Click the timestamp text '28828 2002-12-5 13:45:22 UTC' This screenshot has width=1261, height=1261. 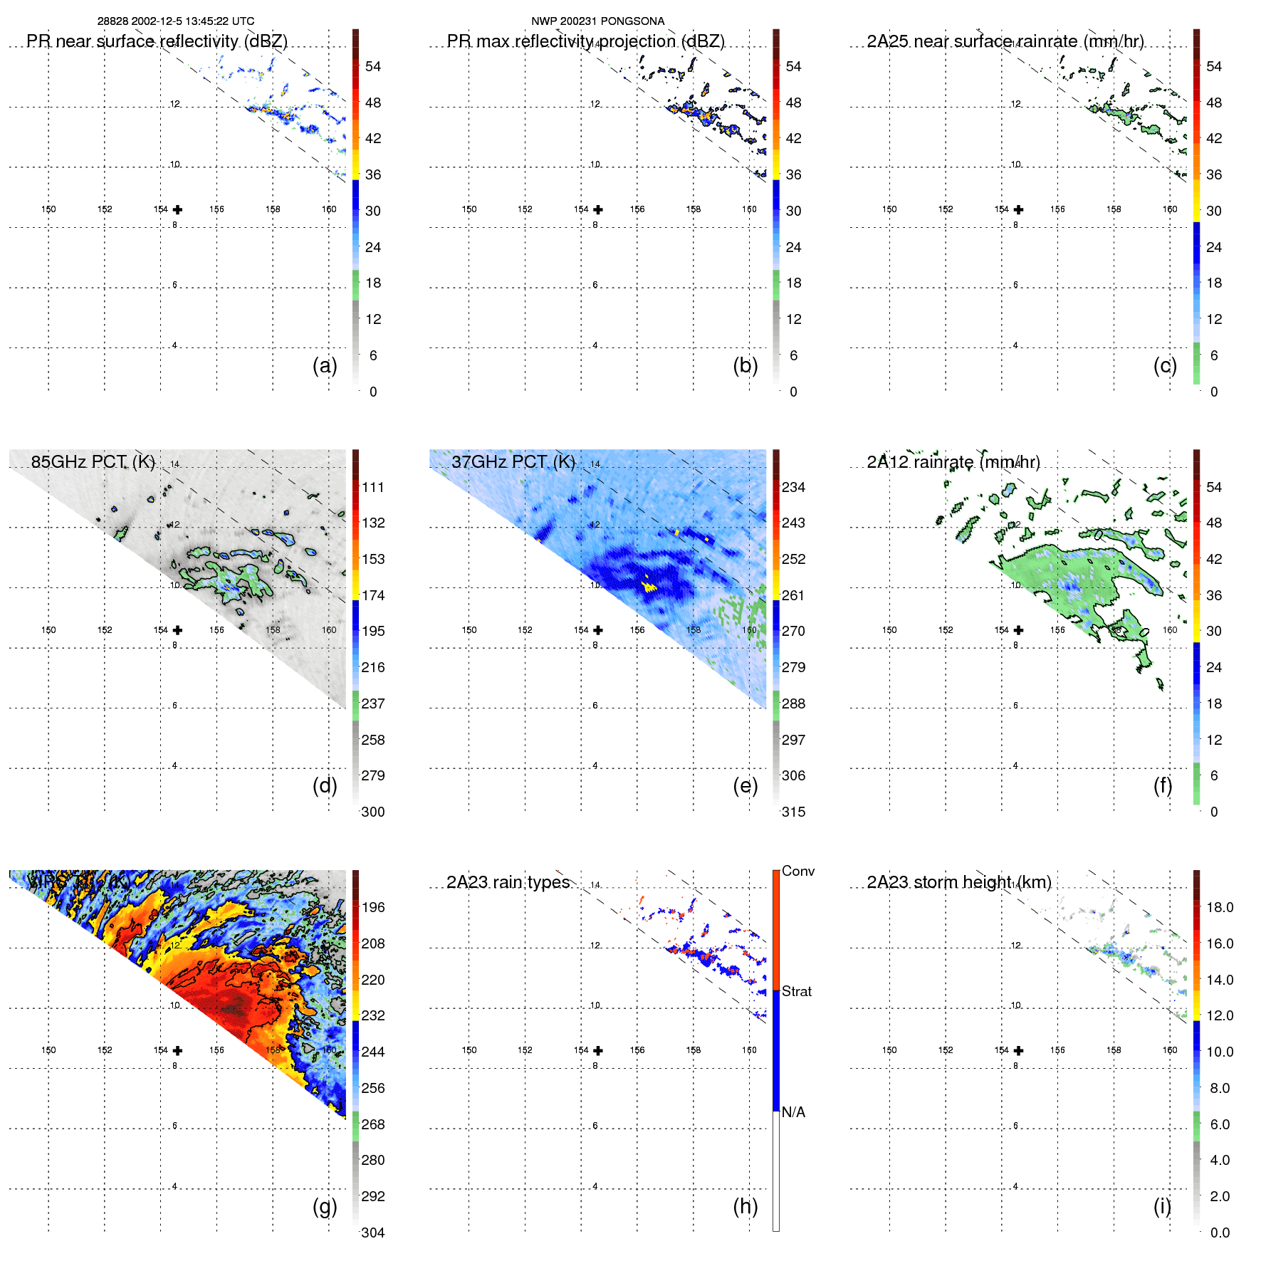click(x=176, y=21)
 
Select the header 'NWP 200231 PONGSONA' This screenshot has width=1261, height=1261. click(x=597, y=21)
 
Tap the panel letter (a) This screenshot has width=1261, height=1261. click(x=325, y=366)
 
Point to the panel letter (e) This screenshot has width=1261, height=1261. click(x=745, y=786)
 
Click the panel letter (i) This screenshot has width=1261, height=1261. click(x=1162, y=1206)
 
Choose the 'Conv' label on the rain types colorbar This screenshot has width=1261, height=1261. click(x=797, y=871)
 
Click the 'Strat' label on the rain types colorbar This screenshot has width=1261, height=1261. click(x=796, y=991)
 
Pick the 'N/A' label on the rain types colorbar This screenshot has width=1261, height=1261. click(x=793, y=1112)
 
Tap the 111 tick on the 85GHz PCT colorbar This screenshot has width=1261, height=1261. click(x=373, y=487)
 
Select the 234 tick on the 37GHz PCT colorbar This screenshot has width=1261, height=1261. click(x=793, y=487)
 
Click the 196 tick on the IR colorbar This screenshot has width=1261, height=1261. click(x=373, y=907)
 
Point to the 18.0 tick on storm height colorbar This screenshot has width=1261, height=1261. click(x=1220, y=907)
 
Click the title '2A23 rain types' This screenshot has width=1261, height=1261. click(x=508, y=882)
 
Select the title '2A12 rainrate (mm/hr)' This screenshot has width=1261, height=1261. click(x=953, y=462)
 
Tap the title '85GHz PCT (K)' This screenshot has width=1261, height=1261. click(x=93, y=462)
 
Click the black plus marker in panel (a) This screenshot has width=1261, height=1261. click(x=177, y=209)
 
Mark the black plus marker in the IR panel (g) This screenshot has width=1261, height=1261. click(x=177, y=1050)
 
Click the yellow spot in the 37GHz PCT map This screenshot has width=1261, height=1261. click(x=648, y=587)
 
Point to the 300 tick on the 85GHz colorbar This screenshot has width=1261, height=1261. click(x=373, y=812)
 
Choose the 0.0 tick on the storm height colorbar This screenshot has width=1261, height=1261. click(x=1220, y=1233)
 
